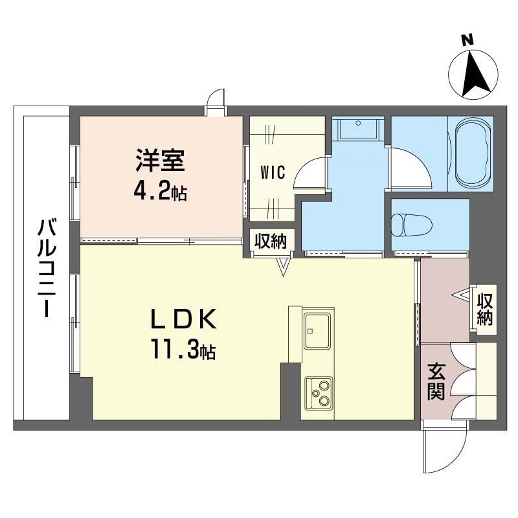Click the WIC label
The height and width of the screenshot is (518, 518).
[273, 172]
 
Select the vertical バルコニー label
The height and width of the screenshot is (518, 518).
[45, 267]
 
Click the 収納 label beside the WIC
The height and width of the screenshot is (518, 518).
[270, 241]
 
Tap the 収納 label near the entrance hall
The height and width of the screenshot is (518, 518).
[485, 309]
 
